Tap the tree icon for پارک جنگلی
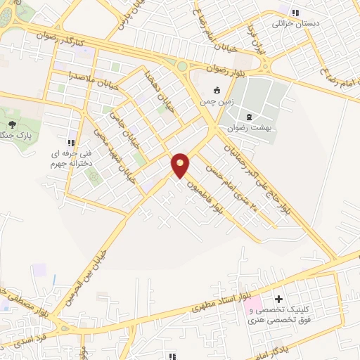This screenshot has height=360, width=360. click(13, 124)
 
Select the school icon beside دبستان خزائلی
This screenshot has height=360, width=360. click(295, 12)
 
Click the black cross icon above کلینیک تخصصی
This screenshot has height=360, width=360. click(280, 300)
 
